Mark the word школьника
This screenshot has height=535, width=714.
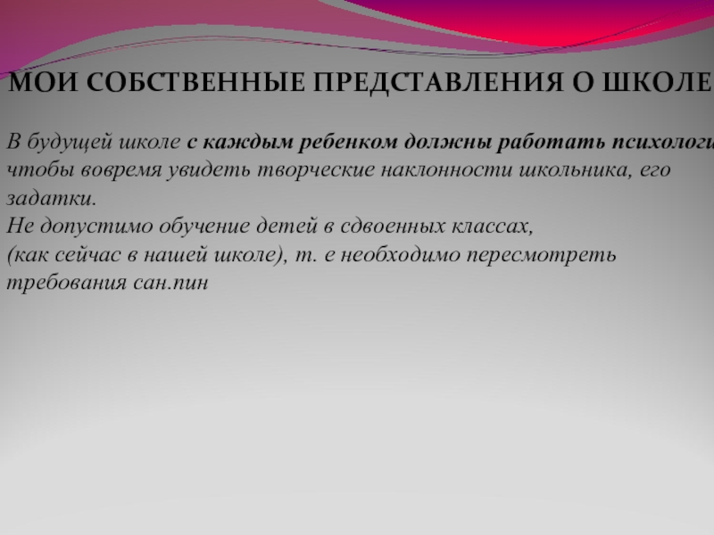554,169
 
